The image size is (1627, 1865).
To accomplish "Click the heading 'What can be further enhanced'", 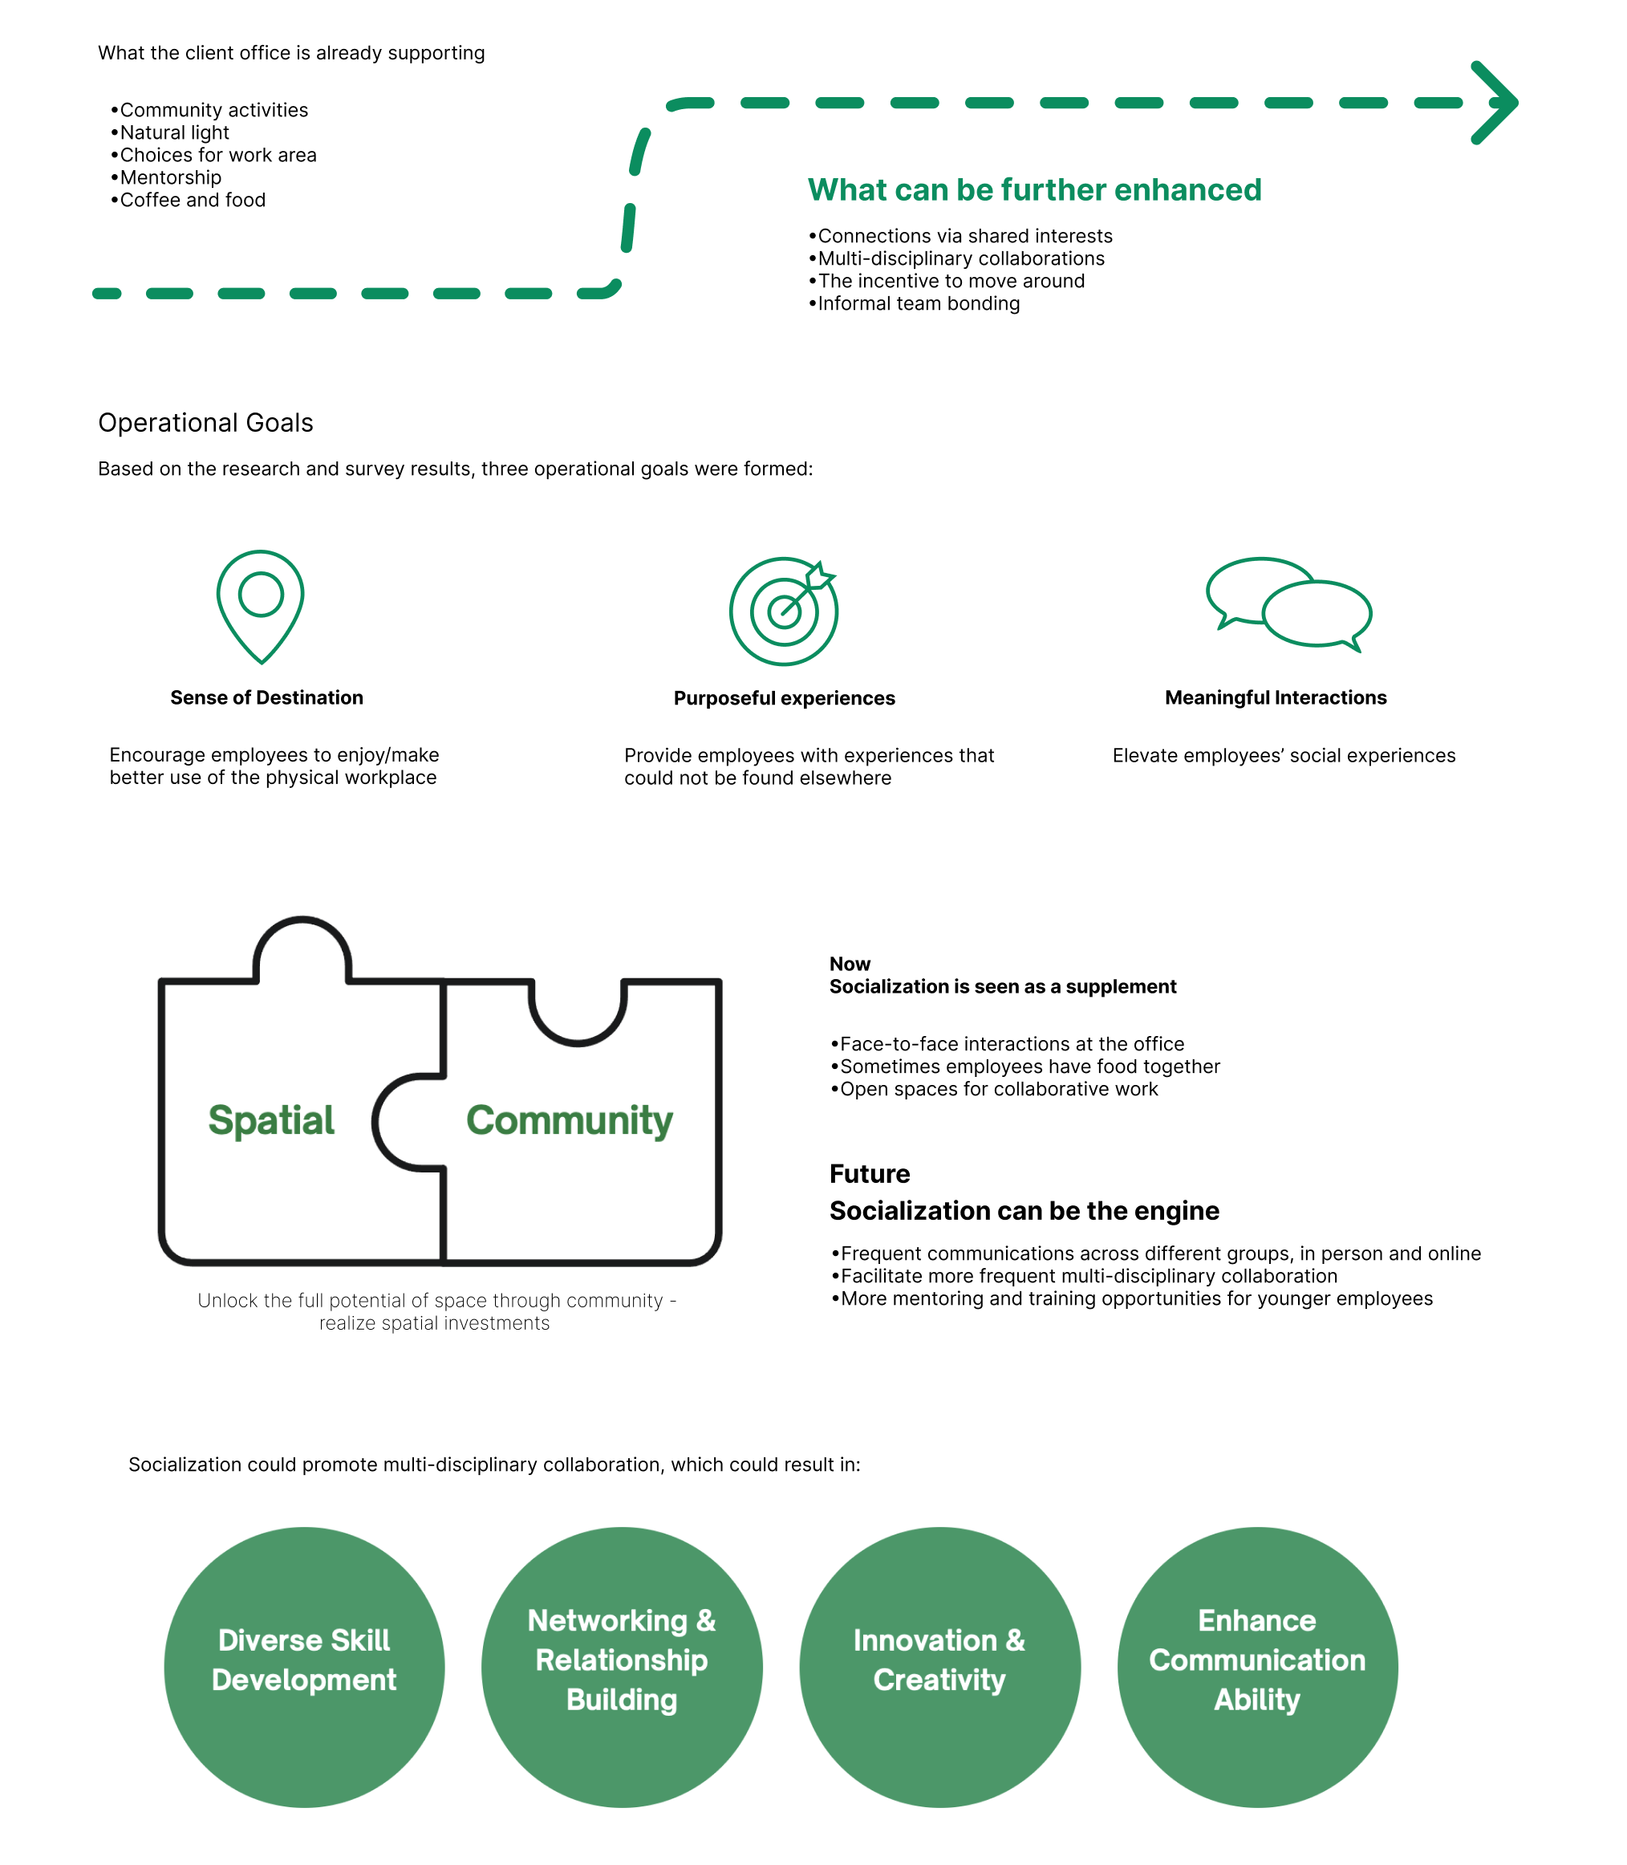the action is pyautogui.click(x=1034, y=189).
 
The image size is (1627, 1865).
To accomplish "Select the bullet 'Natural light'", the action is pyautogui.click(x=170, y=132).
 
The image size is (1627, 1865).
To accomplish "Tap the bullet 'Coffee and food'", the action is pyautogui.click(x=188, y=200).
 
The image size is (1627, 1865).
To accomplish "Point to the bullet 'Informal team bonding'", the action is pyautogui.click(x=915, y=303).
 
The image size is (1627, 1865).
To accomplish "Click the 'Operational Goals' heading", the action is pyautogui.click(x=206, y=422).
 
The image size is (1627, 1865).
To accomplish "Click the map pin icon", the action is pyautogui.click(x=261, y=607).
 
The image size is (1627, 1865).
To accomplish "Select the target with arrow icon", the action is pyautogui.click(x=784, y=611).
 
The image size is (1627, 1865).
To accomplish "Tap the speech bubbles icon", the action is pyautogui.click(x=1288, y=605).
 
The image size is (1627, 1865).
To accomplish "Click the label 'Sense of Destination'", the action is pyautogui.click(x=267, y=697).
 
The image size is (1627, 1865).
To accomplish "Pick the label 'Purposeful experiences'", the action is pyautogui.click(x=785, y=698).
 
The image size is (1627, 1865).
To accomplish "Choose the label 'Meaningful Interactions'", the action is pyautogui.click(x=1276, y=697).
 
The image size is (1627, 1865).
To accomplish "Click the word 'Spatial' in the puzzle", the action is pyautogui.click(x=271, y=1120).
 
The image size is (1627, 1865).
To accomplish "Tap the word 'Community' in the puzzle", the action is pyautogui.click(x=570, y=1120).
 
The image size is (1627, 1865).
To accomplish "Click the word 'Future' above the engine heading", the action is pyautogui.click(x=869, y=1173).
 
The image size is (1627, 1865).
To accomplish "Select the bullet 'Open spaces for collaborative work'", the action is pyautogui.click(x=994, y=1089).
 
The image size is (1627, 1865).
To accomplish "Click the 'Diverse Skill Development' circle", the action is pyautogui.click(x=304, y=1667).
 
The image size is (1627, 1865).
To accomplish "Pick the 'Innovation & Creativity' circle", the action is pyautogui.click(x=939, y=1667).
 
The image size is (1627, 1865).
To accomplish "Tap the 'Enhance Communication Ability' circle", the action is pyautogui.click(x=1257, y=1667).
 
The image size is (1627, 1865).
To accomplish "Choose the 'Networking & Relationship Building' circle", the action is pyautogui.click(x=622, y=1667).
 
